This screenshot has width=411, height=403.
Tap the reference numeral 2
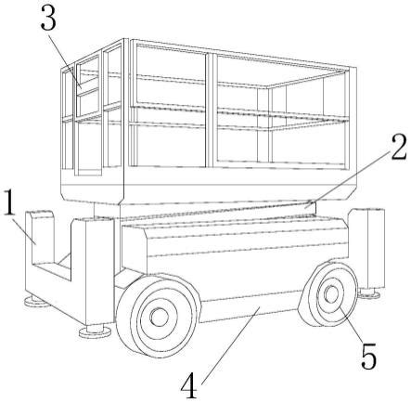pos(399,148)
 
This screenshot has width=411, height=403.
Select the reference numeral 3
pos(48,18)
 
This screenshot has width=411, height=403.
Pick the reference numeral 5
pos(369,356)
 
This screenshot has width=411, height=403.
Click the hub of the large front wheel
pos(159,317)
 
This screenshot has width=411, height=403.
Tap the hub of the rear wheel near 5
pos(331,294)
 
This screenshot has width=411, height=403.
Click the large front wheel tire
pos(158,315)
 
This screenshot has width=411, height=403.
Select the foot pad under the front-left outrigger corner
pos(36,301)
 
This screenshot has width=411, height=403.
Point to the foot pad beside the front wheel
pos(95,331)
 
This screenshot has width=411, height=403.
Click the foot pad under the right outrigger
pos(369,293)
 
